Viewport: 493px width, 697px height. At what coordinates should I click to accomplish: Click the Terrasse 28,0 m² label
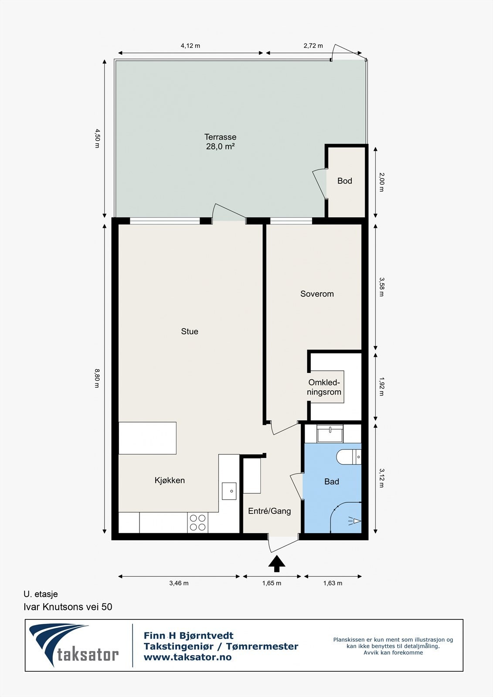click(220, 142)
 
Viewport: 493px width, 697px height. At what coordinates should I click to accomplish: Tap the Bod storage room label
click(344, 181)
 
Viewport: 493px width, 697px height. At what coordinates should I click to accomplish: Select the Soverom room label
click(317, 294)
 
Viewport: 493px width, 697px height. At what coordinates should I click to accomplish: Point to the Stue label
click(189, 332)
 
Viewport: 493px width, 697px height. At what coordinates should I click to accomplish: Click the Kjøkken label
click(170, 480)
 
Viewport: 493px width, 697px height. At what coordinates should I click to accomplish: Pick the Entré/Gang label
click(269, 511)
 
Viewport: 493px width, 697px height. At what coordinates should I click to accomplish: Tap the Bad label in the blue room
click(331, 482)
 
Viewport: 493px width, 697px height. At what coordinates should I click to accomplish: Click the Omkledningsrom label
click(324, 387)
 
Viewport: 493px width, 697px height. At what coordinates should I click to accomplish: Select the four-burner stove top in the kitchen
click(198, 522)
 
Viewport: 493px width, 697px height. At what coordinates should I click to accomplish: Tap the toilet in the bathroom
click(348, 457)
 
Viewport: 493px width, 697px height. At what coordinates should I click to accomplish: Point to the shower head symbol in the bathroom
click(355, 521)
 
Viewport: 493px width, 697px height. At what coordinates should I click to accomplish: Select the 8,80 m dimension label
click(97, 378)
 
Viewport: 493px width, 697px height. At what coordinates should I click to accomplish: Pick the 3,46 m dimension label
click(179, 583)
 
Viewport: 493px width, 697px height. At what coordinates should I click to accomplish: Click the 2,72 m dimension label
click(313, 46)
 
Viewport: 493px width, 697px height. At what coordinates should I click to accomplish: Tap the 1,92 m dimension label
click(382, 386)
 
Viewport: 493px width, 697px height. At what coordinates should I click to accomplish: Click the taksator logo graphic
click(74, 645)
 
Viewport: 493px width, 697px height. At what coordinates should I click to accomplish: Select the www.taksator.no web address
click(187, 657)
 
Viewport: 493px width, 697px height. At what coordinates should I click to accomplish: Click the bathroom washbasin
click(330, 433)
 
